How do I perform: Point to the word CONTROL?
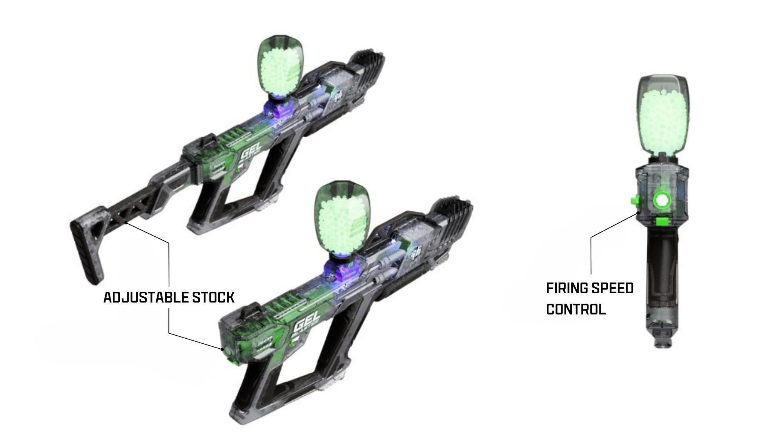tap(576, 309)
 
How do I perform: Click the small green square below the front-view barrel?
tap(661, 221)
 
